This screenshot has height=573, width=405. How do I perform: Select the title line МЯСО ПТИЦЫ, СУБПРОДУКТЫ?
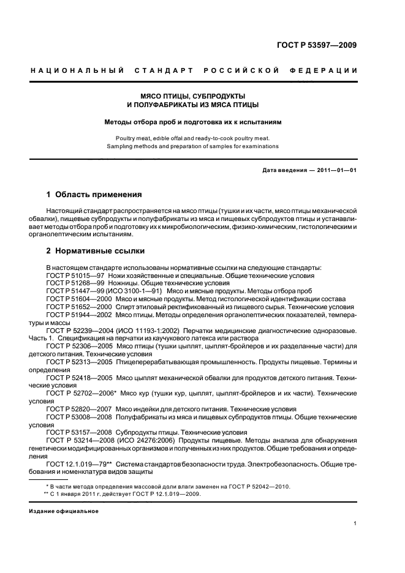pos(194,96)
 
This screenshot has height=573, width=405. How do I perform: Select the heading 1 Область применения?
pos(94,195)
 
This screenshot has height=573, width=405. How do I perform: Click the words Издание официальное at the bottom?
pos(64,511)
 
